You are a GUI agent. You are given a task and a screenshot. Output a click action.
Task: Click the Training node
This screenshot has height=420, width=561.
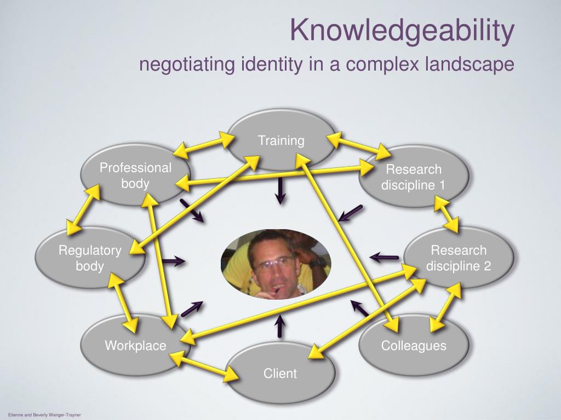[x=280, y=141]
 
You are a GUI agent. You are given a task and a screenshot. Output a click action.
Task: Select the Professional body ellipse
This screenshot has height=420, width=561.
[x=135, y=175]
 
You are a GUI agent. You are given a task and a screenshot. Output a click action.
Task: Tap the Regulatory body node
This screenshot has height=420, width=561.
[x=90, y=258]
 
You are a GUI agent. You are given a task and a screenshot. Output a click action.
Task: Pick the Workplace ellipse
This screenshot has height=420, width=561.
[x=135, y=345]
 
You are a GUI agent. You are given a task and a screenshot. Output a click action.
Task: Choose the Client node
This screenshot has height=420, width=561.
[x=280, y=374]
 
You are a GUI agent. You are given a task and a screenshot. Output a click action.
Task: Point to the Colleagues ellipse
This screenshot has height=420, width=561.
[x=414, y=345]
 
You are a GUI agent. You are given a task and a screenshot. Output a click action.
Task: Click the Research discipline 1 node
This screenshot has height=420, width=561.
[x=414, y=177]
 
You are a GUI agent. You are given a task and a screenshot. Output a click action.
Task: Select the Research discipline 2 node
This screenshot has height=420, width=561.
[x=459, y=258]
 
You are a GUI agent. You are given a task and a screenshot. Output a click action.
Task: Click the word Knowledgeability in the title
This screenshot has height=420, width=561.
[x=402, y=31]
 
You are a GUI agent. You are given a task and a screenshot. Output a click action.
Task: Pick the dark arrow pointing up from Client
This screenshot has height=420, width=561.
[x=280, y=326]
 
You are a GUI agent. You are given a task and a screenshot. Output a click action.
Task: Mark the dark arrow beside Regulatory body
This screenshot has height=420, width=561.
[x=173, y=261]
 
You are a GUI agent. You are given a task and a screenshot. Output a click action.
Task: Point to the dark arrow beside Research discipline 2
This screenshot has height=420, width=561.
[x=385, y=256]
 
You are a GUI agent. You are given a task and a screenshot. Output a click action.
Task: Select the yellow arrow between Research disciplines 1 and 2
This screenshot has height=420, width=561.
[x=446, y=215]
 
